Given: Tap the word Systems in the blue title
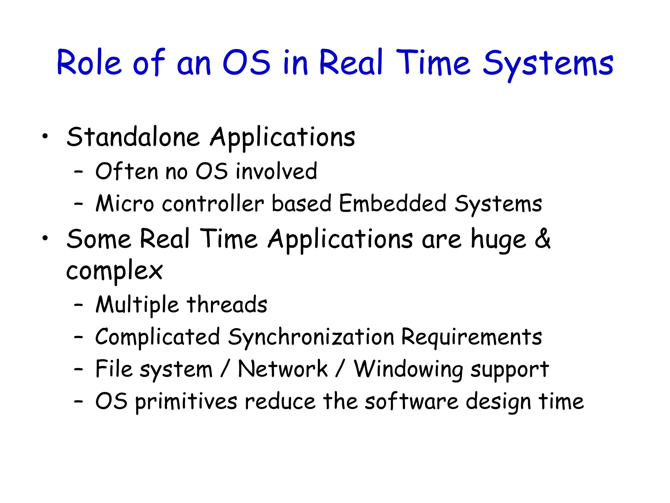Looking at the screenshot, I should (548, 64).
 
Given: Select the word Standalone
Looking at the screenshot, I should (133, 137).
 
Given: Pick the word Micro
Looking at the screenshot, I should (125, 204).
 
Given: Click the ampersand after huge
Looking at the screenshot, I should (542, 238).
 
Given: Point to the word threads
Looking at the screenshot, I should (227, 305).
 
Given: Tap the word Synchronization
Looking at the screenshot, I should (311, 337).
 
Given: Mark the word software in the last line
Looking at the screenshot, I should (412, 401).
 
